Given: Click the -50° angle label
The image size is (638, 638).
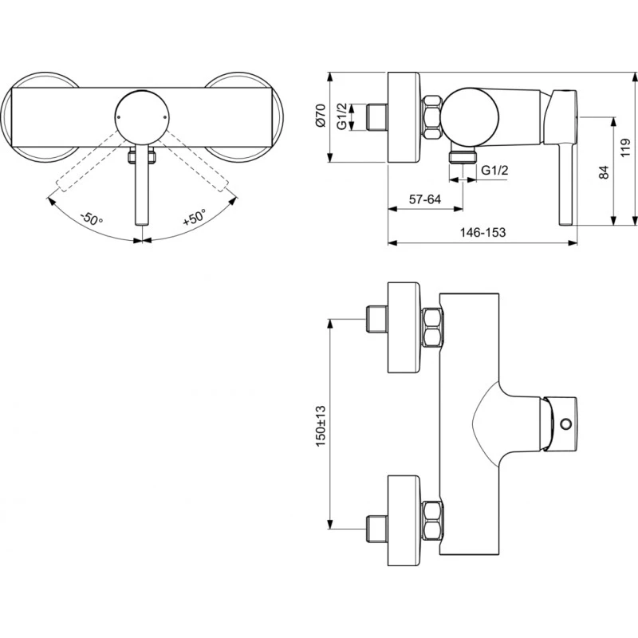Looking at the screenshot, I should point(92,218).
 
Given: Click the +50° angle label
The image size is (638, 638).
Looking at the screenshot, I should point(194,218).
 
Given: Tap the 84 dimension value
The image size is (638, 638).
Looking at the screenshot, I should point(604,171).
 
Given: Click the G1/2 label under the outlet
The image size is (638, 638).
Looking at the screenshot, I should point(496,170).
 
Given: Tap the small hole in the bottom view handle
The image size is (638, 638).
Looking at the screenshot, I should point(567,423).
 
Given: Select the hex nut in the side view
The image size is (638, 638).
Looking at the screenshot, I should point(434,115).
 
